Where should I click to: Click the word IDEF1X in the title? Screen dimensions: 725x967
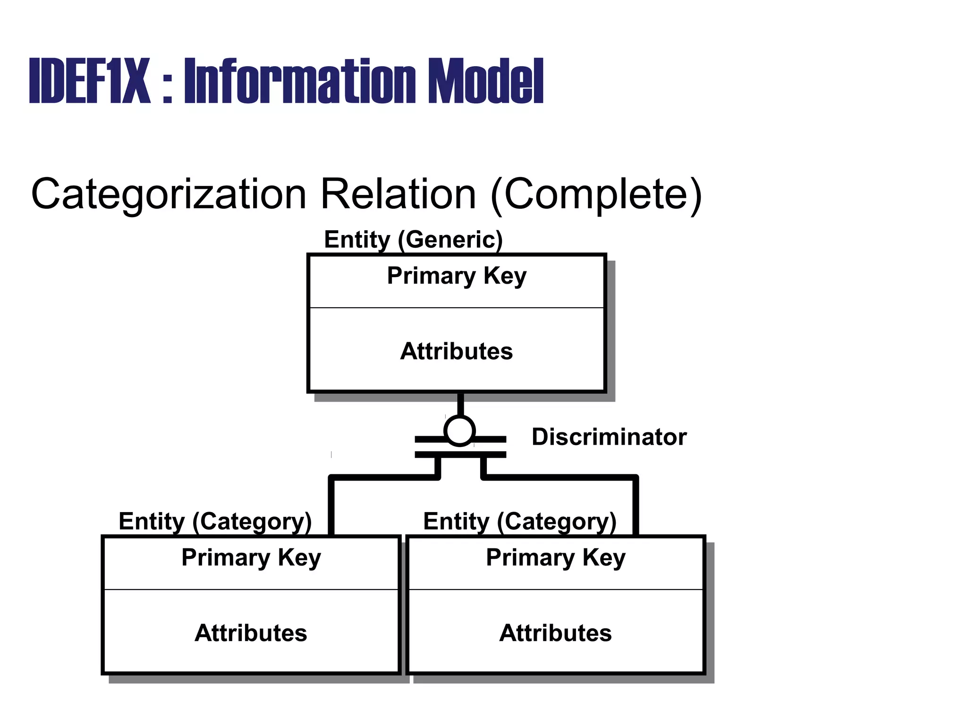[90, 81]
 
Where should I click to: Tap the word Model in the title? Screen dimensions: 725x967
[486, 81]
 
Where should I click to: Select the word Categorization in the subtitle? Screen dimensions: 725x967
[169, 194]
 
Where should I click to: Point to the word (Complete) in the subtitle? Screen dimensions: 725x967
[596, 194]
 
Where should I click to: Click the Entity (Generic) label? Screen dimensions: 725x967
[413, 240]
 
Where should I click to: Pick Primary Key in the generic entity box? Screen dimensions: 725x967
[457, 276]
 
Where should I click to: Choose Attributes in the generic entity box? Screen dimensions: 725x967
[457, 351]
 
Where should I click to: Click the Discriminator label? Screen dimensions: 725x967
[609, 437]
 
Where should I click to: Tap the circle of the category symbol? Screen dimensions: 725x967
[459, 430]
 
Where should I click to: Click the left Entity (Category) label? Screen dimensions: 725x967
[215, 522]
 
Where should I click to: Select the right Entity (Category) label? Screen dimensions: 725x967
[520, 522]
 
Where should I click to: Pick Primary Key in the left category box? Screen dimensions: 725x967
[251, 557]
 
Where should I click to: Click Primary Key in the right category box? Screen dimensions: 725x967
[556, 557]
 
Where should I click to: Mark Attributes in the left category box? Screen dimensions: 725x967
[251, 633]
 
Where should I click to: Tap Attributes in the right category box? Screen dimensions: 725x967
[556, 633]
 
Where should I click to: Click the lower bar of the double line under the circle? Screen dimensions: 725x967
[460, 455]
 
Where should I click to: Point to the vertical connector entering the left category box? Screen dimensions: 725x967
[331, 507]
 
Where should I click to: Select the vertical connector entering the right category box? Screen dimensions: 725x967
[636, 507]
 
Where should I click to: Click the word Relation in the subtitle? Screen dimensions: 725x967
[398, 194]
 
